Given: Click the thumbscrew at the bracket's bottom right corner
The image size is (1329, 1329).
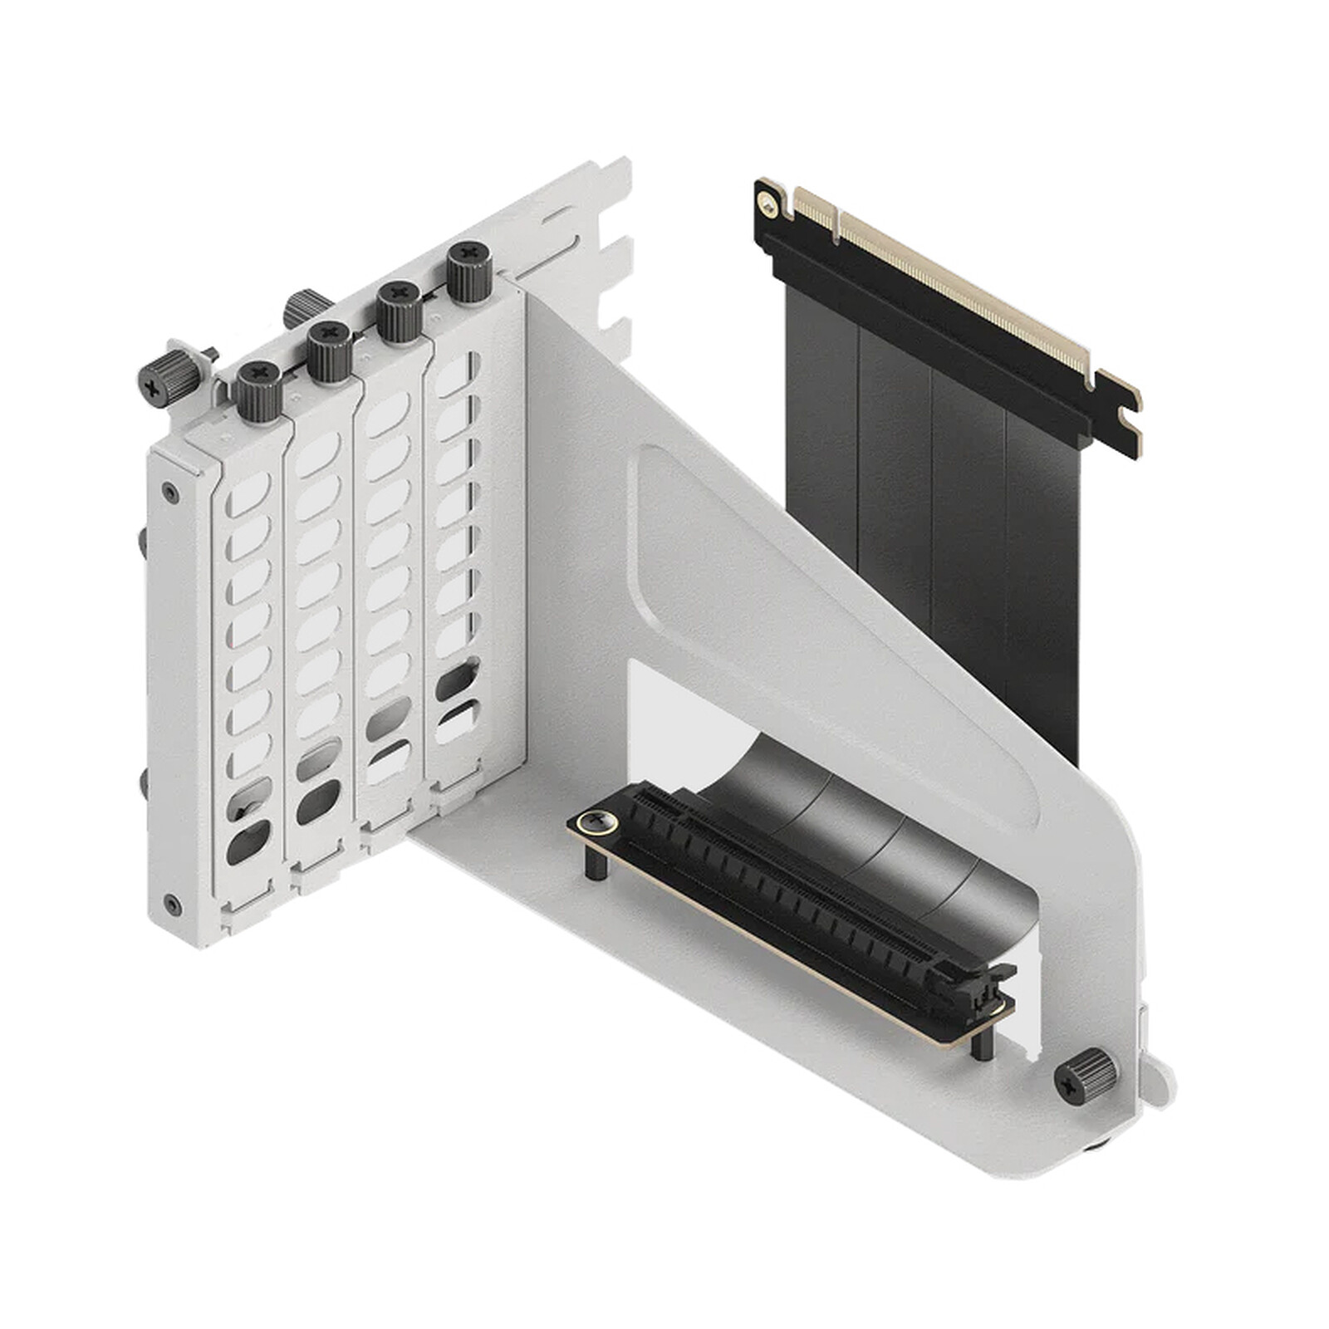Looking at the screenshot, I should [1085, 1076].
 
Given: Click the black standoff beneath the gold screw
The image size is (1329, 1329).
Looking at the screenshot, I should [596, 864].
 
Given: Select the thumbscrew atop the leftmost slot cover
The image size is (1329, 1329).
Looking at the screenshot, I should [257, 391].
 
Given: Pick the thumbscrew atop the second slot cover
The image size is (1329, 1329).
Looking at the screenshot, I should [330, 351].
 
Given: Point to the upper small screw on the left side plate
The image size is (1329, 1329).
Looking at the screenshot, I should [170, 493].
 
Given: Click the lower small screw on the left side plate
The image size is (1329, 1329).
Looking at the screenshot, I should [172, 905].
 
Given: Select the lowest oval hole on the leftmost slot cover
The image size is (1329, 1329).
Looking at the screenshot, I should [248, 841].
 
